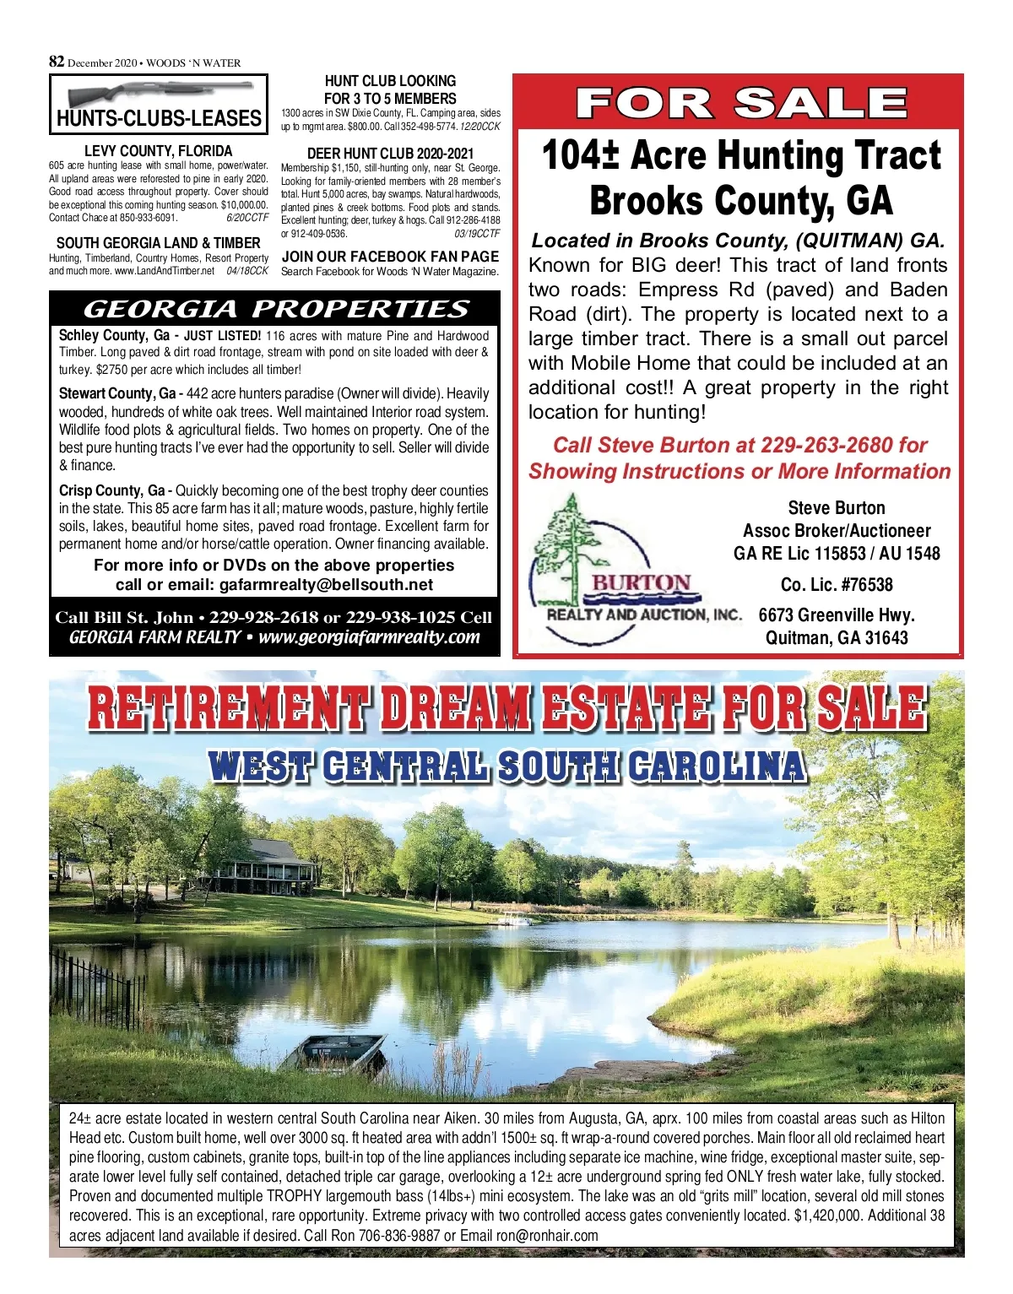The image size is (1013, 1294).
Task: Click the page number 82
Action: [x=57, y=62]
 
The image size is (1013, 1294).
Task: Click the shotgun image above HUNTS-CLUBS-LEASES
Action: [x=160, y=92]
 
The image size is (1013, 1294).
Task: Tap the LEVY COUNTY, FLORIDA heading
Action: [x=159, y=151]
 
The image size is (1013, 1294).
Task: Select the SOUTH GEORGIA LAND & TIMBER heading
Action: [x=159, y=243]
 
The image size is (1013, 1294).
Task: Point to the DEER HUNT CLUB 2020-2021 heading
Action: [x=390, y=154]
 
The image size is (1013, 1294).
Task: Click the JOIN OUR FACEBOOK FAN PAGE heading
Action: [x=390, y=257]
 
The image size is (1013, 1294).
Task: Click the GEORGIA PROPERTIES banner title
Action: [x=275, y=309]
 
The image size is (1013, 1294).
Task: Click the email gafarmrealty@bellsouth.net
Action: [x=326, y=585]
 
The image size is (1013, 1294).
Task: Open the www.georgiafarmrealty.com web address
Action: [x=369, y=637]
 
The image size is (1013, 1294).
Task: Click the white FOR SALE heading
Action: [x=740, y=104]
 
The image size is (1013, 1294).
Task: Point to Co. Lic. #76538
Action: [x=836, y=585]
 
